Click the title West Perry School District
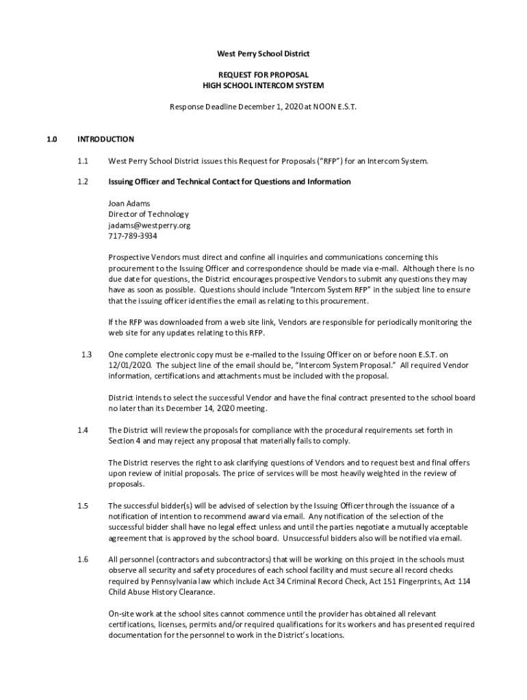click(x=263, y=53)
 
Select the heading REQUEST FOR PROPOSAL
click(x=263, y=75)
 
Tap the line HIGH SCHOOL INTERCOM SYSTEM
click(x=263, y=85)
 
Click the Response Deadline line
click(x=263, y=107)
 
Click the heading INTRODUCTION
click(x=105, y=139)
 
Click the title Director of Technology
click(x=144, y=214)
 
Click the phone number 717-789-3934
click(x=133, y=236)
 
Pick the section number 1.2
click(x=83, y=182)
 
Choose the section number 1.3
click(x=86, y=354)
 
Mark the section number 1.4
click(x=83, y=430)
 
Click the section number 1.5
click(x=83, y=505)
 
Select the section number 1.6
click(x=83, y=559)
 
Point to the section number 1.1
click(x=83, y=161)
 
